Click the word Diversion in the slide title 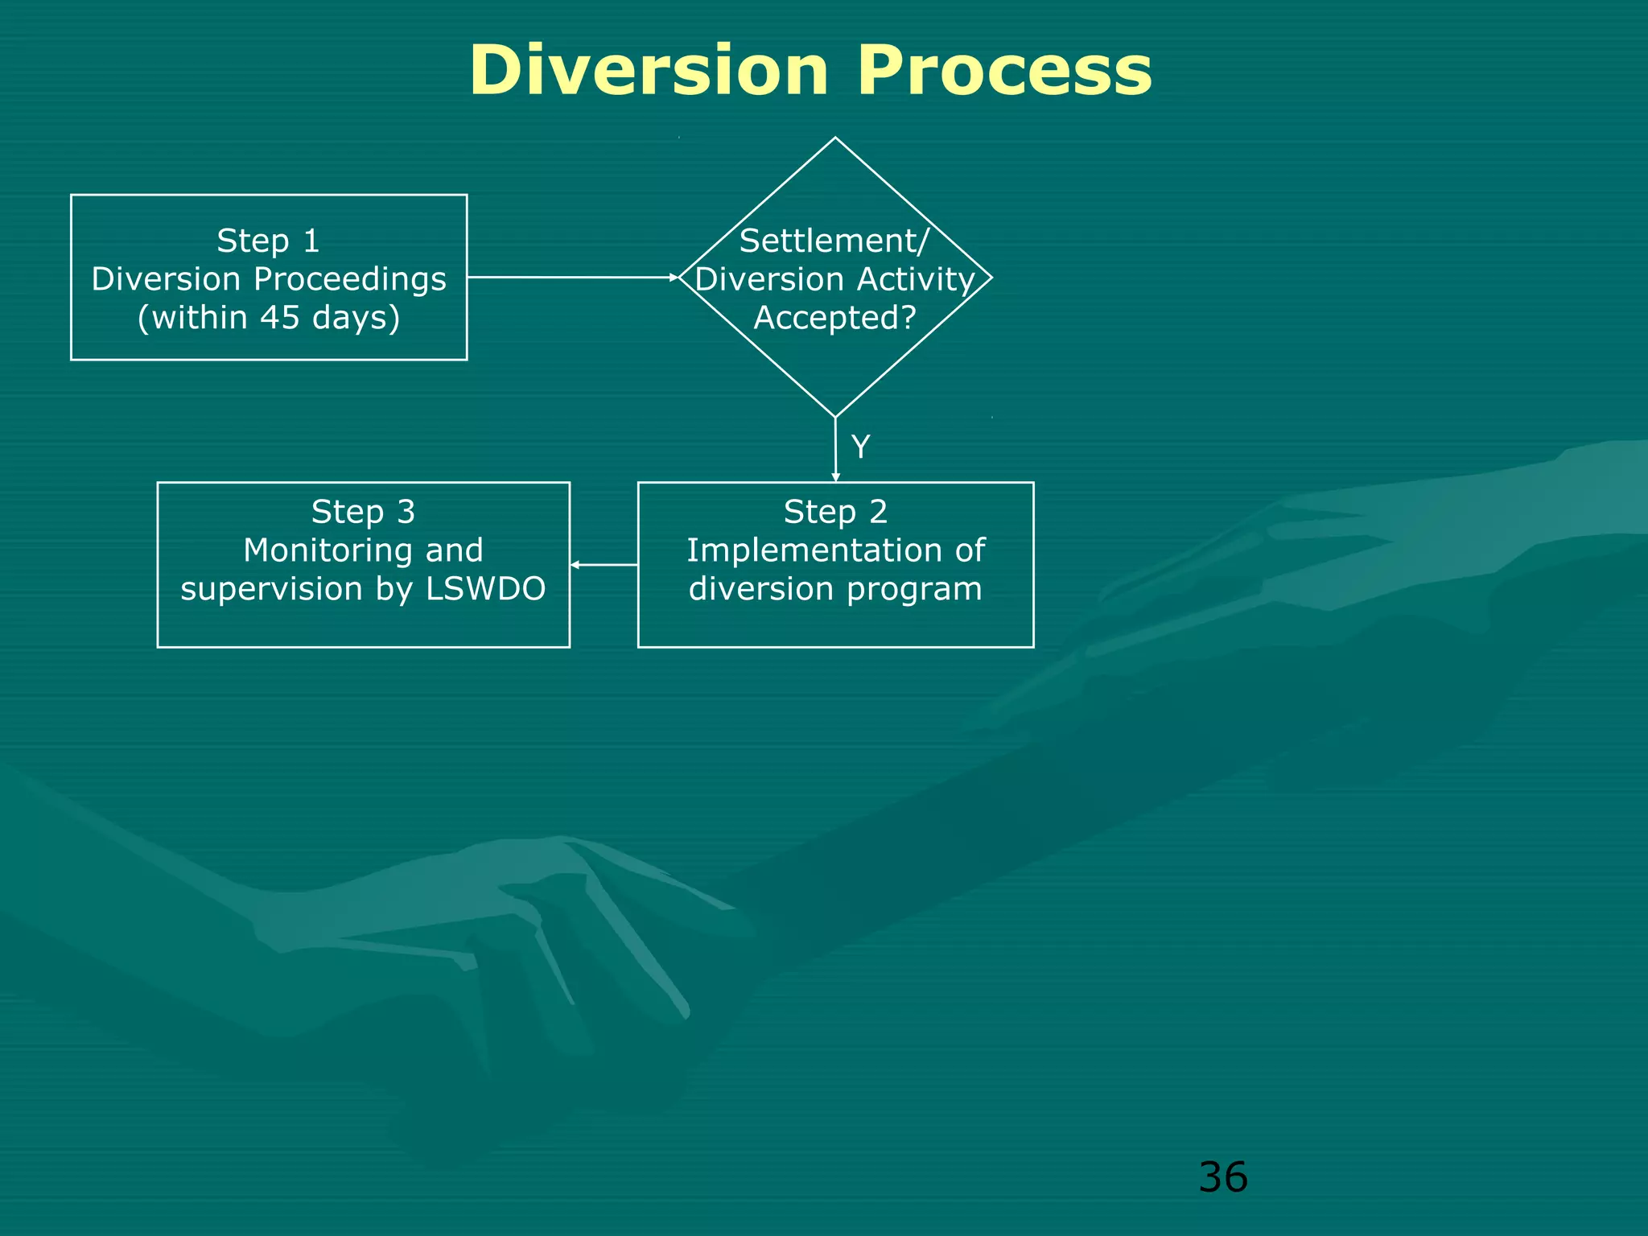649,71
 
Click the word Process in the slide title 1003,71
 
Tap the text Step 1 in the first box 268,241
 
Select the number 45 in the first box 280,317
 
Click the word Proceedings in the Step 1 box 349,279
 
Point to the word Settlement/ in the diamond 834,241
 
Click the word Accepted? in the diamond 834,317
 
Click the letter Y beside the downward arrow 860,447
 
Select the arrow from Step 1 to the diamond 571,277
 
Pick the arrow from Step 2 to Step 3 604,565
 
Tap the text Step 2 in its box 835,512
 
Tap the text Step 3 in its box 363,512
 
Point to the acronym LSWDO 485,589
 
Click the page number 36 1222,1177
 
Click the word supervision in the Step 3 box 271,589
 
